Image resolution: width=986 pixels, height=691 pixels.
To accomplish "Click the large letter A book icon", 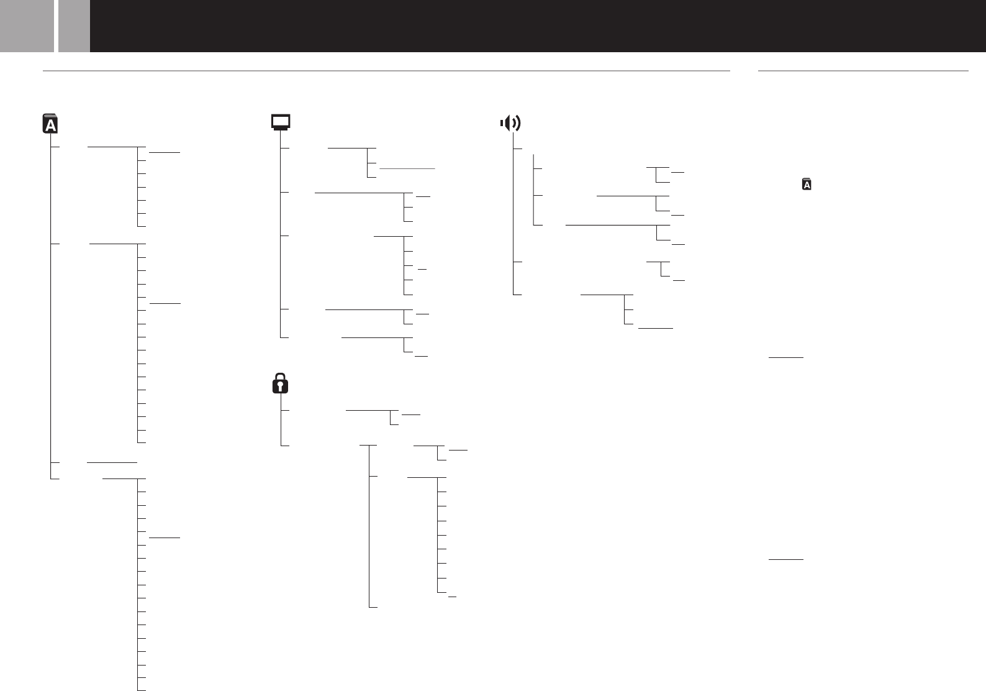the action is tap(50, 124).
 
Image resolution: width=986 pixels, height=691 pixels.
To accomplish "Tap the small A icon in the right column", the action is tap(807, 185).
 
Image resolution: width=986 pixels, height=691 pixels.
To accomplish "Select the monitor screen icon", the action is tap(281, 122).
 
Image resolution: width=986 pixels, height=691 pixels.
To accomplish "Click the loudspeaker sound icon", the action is tap(510, 123).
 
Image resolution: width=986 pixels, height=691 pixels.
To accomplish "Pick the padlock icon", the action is tap(281, 383).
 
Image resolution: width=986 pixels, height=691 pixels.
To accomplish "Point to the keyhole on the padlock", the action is tap(281, 387).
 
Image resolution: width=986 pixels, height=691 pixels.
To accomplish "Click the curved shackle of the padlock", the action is tap(281, 377).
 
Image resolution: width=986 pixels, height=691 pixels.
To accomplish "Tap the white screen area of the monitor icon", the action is tap(281, 121).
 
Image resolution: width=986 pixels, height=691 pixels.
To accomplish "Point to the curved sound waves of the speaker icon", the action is tap(516, 123).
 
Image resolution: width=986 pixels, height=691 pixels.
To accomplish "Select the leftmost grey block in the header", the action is tap(27, 25).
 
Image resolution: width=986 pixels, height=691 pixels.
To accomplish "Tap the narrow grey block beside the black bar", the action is tap(74, 25).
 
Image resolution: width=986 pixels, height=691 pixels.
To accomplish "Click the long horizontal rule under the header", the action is tap(386, 71).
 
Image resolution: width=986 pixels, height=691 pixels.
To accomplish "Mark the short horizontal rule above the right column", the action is tap(863, 71).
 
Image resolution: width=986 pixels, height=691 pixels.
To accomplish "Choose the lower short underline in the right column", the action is tap(786, 559).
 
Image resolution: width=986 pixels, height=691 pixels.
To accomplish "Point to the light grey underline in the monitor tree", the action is tap(407, 168).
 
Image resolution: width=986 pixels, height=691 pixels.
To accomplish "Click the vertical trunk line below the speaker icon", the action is tap(513, 217).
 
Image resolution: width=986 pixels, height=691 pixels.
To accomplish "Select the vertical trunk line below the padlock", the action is tap(281, 428).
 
